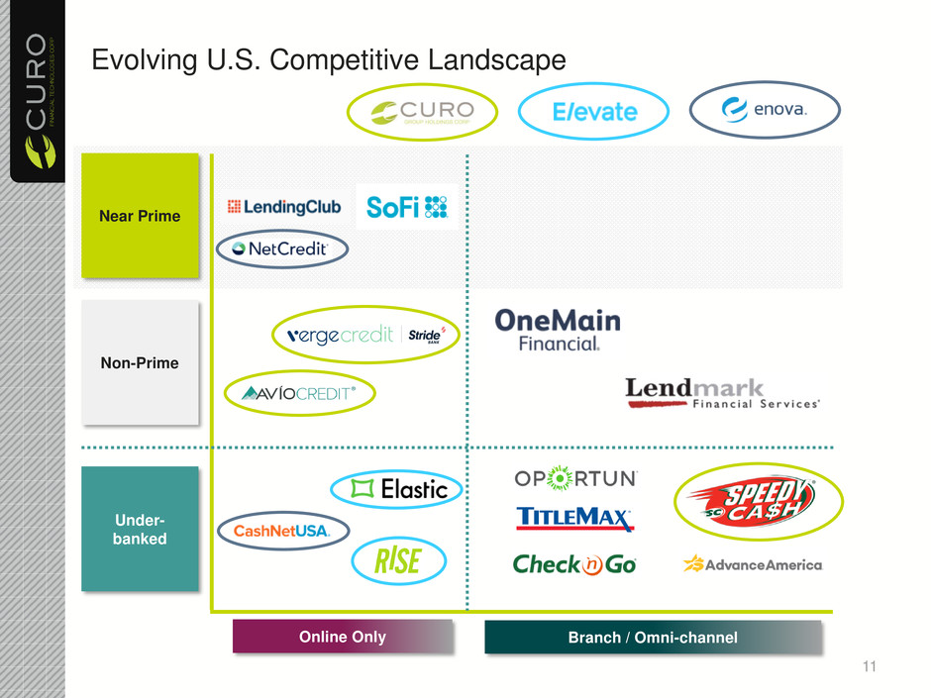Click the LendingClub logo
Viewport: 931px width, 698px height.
pos(284,207)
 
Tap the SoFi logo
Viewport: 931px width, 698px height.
pos(407,206)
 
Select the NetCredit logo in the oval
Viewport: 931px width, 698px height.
pos(282,249)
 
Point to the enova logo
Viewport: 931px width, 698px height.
pos(765,110)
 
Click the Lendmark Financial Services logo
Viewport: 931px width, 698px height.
pos(723,393)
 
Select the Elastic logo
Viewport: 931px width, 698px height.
pos(389,488)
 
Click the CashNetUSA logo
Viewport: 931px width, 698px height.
pos(282,532)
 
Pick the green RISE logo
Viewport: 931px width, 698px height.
pos(397,561)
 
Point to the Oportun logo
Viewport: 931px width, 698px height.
pos(575,479)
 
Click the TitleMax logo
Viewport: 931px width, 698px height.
pos(575,519)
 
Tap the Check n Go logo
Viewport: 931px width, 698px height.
pos(574,564)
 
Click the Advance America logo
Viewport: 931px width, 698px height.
pos(753,564)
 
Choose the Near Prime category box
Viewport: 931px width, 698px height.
pos(141,216)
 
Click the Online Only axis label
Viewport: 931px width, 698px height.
pos(343,637)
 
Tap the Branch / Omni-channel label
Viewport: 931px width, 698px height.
pos(653,638)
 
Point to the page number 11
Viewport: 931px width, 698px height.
pos(870,666)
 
